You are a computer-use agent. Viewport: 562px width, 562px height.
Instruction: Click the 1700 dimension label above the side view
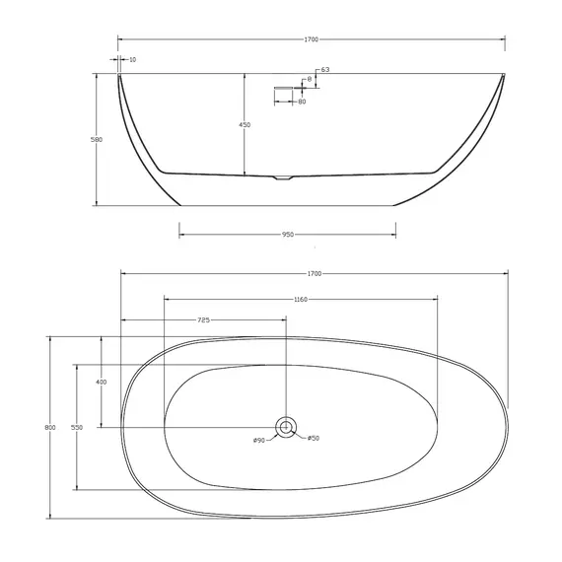click(x=313, y=39)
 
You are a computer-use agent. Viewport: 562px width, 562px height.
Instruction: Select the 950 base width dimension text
click(x=287, y=235)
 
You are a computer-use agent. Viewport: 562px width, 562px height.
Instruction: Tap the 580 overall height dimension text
click(x=97, y=140)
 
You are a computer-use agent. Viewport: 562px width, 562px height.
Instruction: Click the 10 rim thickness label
click(x=133, y=60)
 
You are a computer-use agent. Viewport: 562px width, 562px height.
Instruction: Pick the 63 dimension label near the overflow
click(x=324, y=69)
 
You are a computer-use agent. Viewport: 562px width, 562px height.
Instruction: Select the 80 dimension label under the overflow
click(x=301, y=102)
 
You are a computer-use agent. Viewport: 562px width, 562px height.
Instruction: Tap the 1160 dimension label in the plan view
click(x=301, y=299)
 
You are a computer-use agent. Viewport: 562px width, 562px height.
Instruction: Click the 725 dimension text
click(x=203, y=320)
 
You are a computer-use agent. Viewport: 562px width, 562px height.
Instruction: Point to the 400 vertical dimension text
click(x=101, y=382)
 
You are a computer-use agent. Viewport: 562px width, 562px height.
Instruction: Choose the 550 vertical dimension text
click(x=76, y=427)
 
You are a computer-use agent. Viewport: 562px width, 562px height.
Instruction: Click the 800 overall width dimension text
click(x=49, y=427)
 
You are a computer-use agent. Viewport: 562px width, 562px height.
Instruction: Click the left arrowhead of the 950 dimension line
click(x=181, y=235)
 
